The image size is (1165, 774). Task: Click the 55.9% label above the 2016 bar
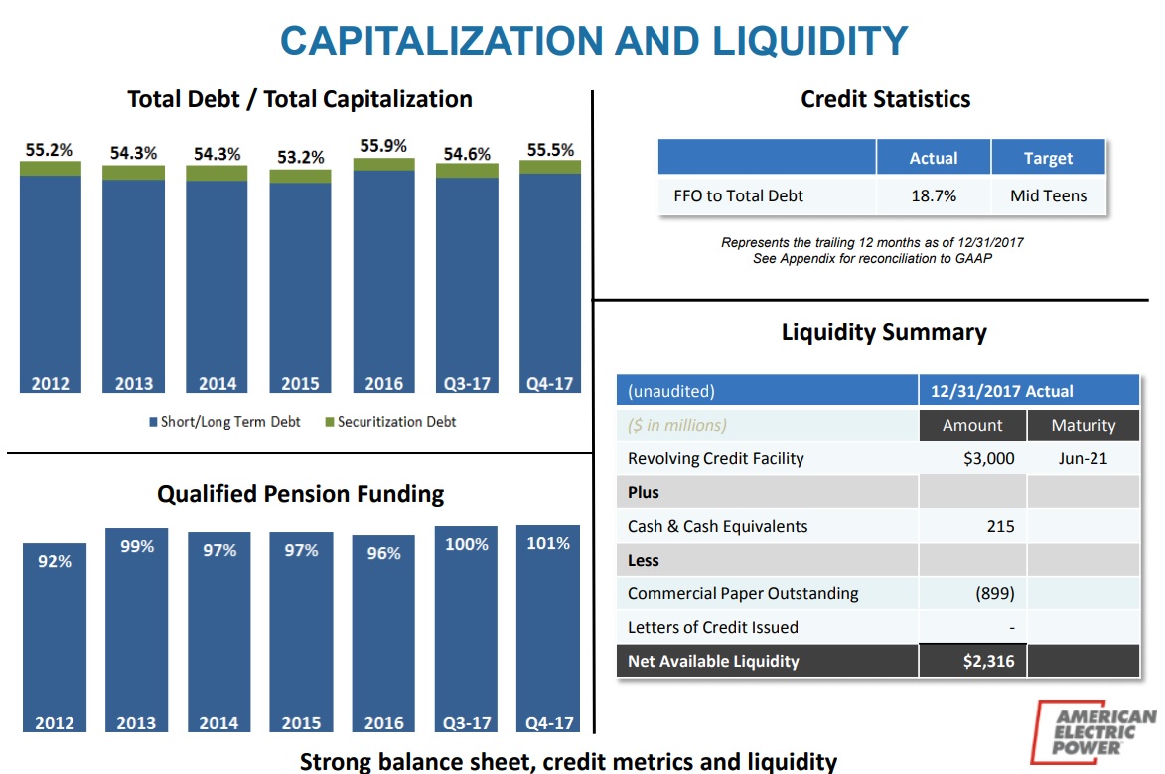(x=383, y=146)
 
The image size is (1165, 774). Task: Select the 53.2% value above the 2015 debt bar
(x=300, y=157)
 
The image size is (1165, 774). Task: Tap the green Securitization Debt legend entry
(x=390, y=422)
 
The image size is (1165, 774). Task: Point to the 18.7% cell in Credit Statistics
(x=934, y=195)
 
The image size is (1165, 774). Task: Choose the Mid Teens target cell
(x=1048, y=195)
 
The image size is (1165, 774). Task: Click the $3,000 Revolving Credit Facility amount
(x=988, y=458)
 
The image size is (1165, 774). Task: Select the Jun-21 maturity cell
(x=1083, y=458)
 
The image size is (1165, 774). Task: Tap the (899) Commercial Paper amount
(x=994, y=593)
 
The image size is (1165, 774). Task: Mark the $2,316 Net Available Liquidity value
(x=988, y=661)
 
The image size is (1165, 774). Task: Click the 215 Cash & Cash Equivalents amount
(x=1000, y=526)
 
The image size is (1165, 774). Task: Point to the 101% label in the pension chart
(x=548, y=544)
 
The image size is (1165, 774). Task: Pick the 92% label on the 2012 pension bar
(x=54, y=561)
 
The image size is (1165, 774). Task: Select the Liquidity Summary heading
(x=884, y=332)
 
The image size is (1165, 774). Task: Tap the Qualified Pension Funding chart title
(x=300, y=494)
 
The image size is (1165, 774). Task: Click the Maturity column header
(x=1083, y=425)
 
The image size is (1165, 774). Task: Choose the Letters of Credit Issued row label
(x=712, y=627)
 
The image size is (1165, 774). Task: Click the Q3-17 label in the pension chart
(x=466, y=723)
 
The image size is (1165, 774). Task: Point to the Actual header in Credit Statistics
(x=934, y=158)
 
